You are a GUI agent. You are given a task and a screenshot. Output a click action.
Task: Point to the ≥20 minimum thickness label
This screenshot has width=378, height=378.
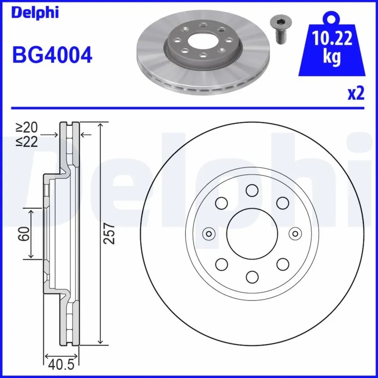(x=26, y=128)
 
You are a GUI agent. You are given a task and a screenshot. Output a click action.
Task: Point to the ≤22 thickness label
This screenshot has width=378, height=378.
(x=26, y=141)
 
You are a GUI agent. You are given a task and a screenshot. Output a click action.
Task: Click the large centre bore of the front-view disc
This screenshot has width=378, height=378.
(x=251, y=233)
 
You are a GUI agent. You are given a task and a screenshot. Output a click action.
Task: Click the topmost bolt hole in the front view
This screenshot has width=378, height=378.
(x=251, y=190)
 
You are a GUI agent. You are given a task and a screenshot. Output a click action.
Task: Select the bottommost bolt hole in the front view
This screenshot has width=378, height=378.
(x=251, y=276)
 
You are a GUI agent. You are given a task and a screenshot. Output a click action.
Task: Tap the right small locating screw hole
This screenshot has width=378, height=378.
(x=295, y=233)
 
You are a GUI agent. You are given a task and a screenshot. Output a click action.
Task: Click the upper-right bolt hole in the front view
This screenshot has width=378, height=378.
(x=282, y=203)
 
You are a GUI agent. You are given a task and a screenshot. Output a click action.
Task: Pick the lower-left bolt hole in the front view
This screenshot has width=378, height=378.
(x=221, y=264)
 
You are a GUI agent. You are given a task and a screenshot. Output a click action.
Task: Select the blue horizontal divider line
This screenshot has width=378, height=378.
(x=189, y=108)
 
